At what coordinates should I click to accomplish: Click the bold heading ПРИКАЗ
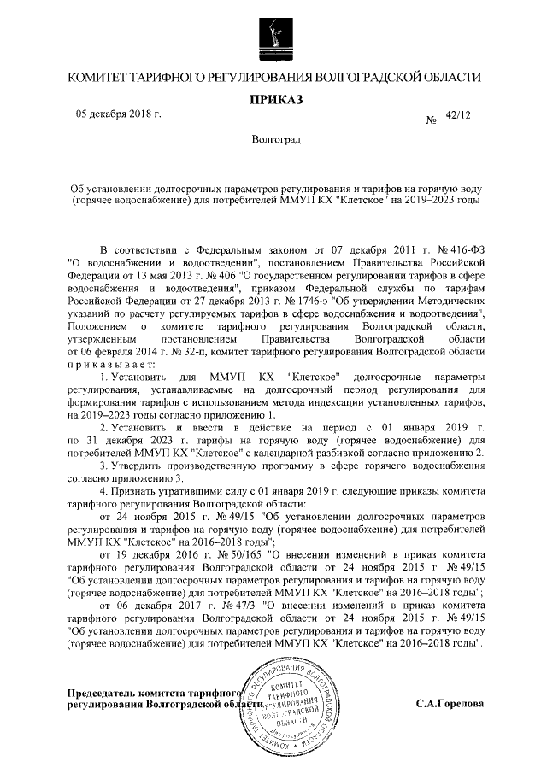(x=273, y=100)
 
